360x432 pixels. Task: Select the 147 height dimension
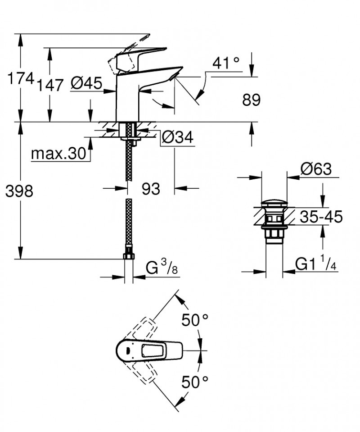pyautogui.click(x=50, y=84)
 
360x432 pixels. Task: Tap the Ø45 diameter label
pyautogui.click(x=86, y=83)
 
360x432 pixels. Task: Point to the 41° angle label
pyautogui.click(x=226, y=63)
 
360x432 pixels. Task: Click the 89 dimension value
pyautogui.click(x=251, y=100)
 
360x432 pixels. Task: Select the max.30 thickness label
pyautogui.click(x=58, y=155)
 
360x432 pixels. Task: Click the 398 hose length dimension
pyautogui.click(x=19, y=191)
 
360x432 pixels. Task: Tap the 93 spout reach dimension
pyautogui.click(x=151, y=189)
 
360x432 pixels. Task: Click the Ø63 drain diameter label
pyautogui.click(x=316, y=169)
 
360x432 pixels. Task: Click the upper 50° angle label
pyautogui.click(x=195, y=320)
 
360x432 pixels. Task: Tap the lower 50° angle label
pyautogui.click(x=195, y=382)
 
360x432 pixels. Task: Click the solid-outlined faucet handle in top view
pyautogui.click(x=148, y=350)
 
